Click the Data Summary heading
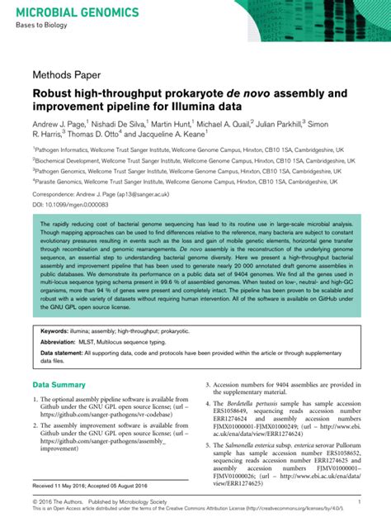(x=59, y=385)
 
